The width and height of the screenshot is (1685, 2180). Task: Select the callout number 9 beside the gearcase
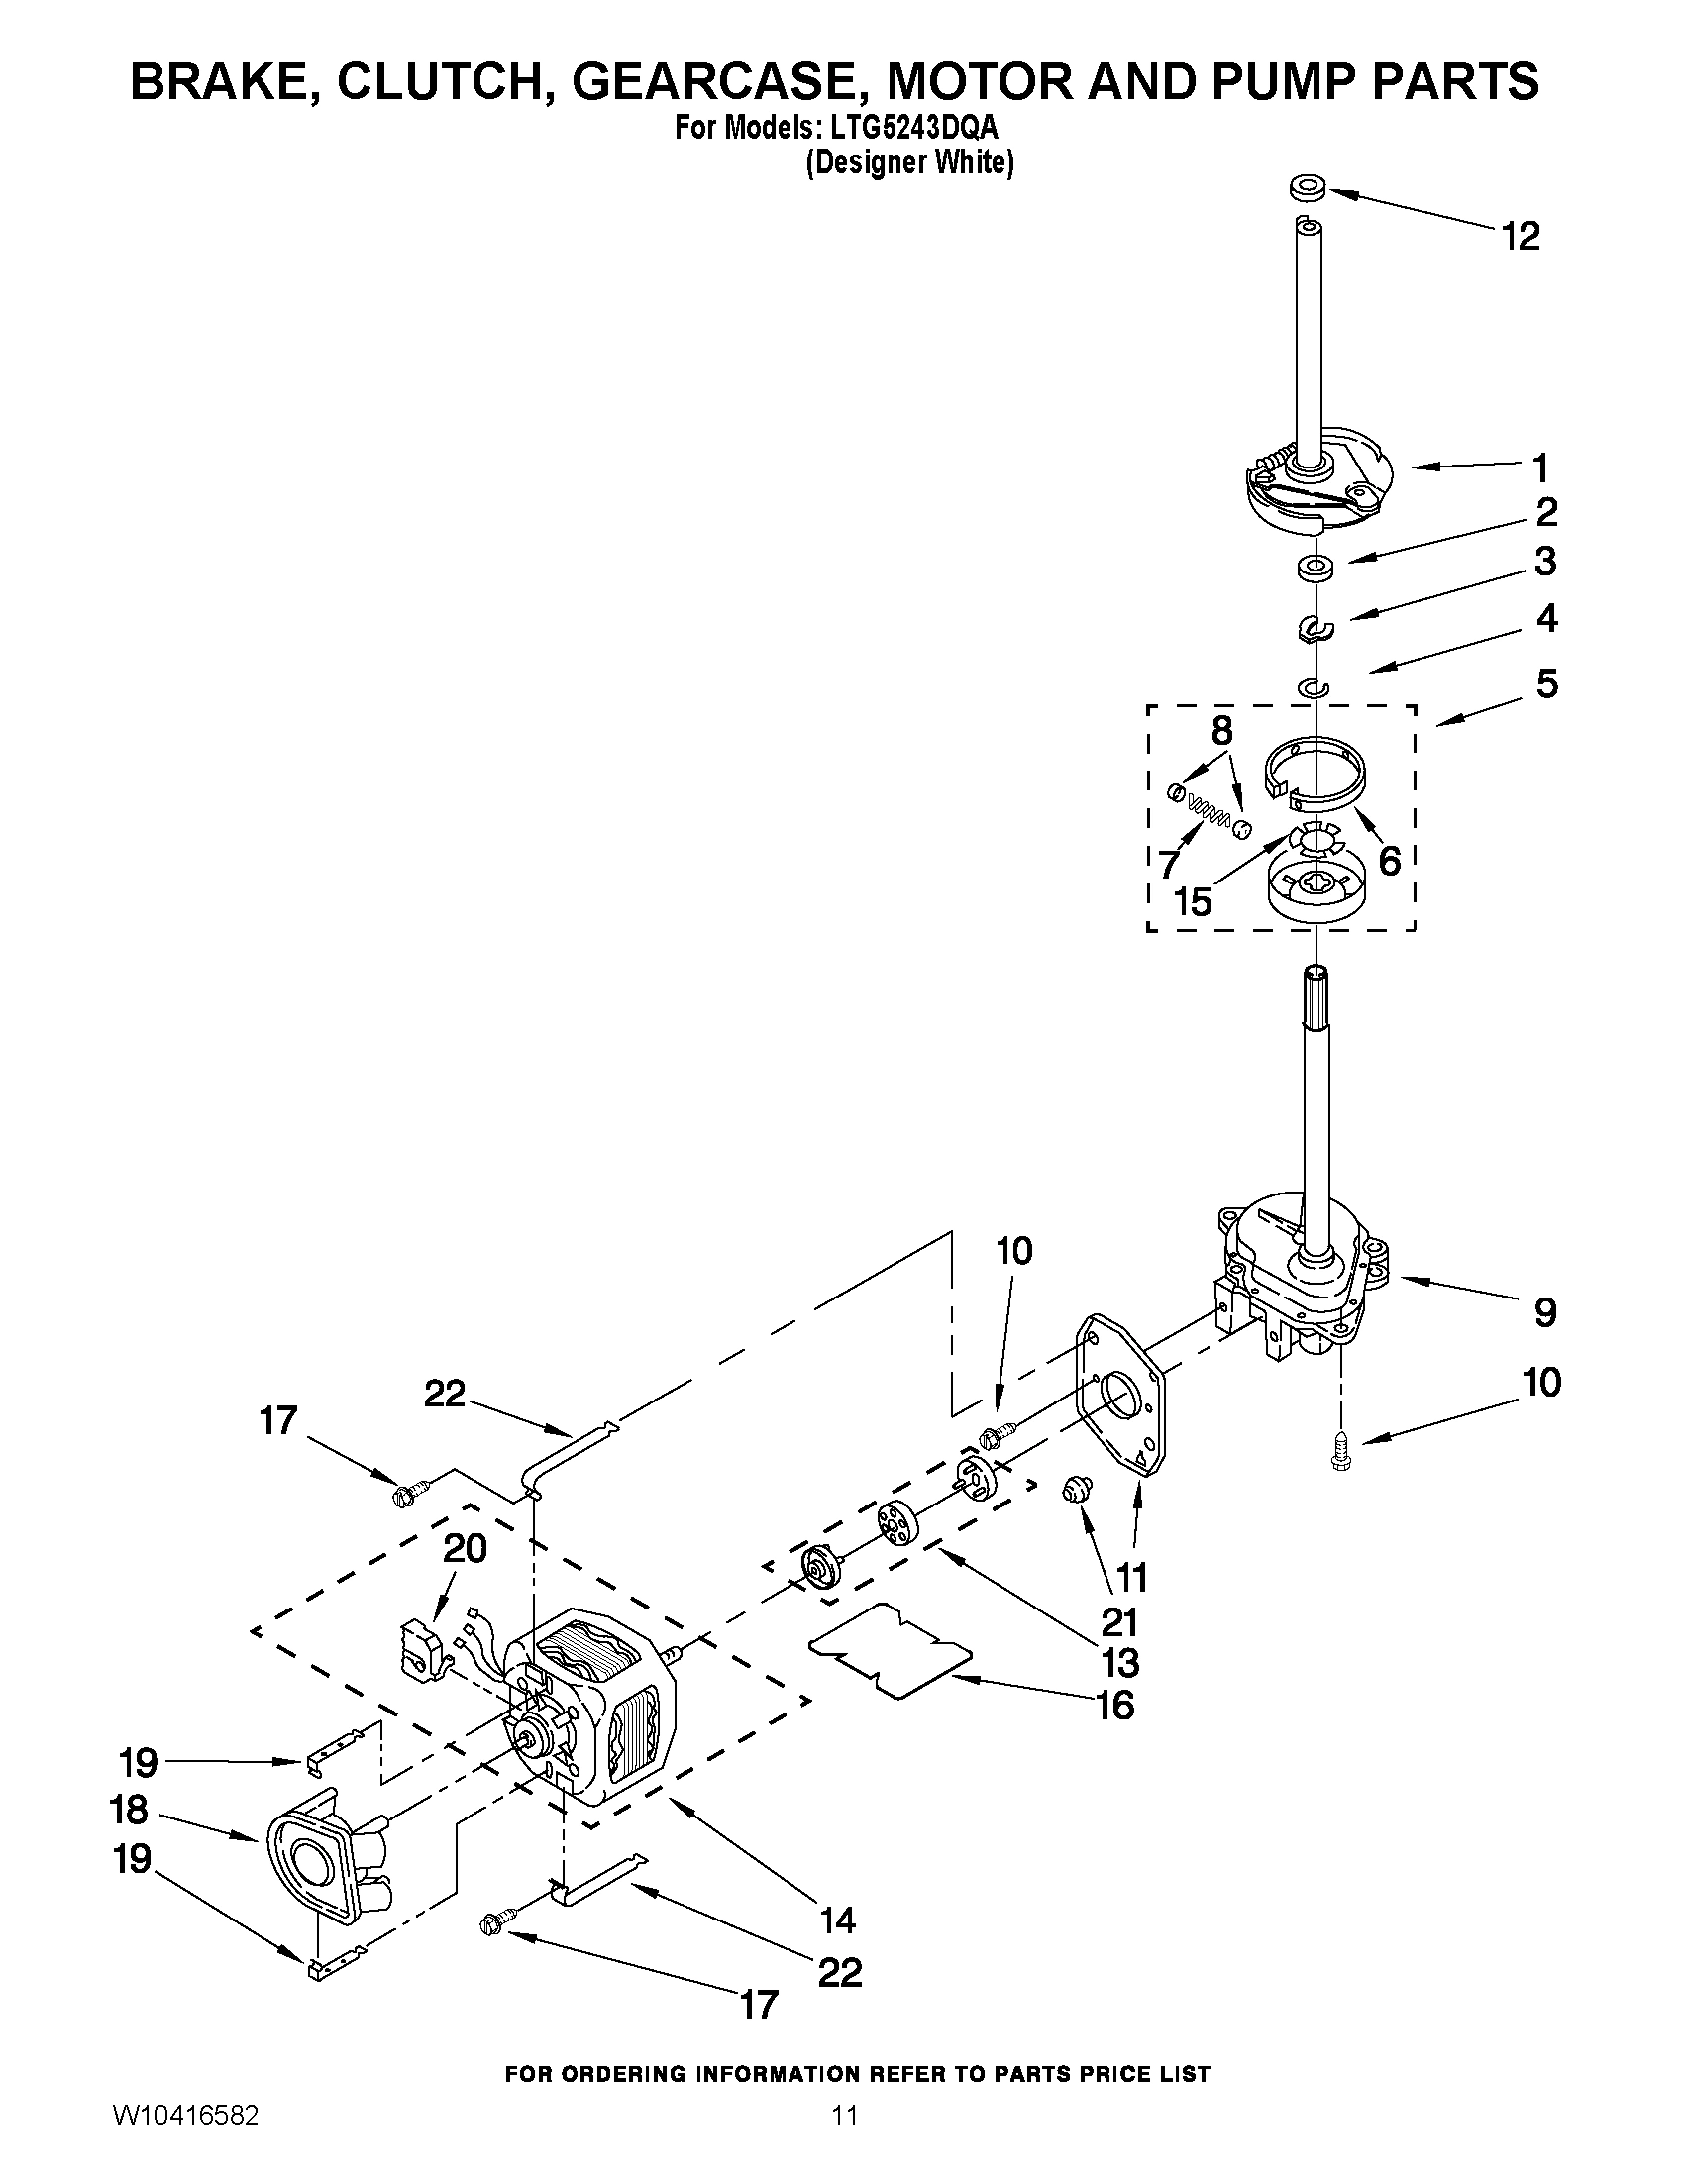click(x=1544, y=1311)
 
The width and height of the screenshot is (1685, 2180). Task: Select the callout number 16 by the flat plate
click(x=1115, y=1706)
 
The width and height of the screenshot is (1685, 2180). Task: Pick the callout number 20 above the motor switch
click(x=465, y=1548)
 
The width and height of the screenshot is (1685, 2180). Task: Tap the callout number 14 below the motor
click(x=836, y=1919)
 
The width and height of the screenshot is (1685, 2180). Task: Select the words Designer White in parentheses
click(x=909, y=161)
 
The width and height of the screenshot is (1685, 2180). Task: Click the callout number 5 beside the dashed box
click(x=1546, y=683)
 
